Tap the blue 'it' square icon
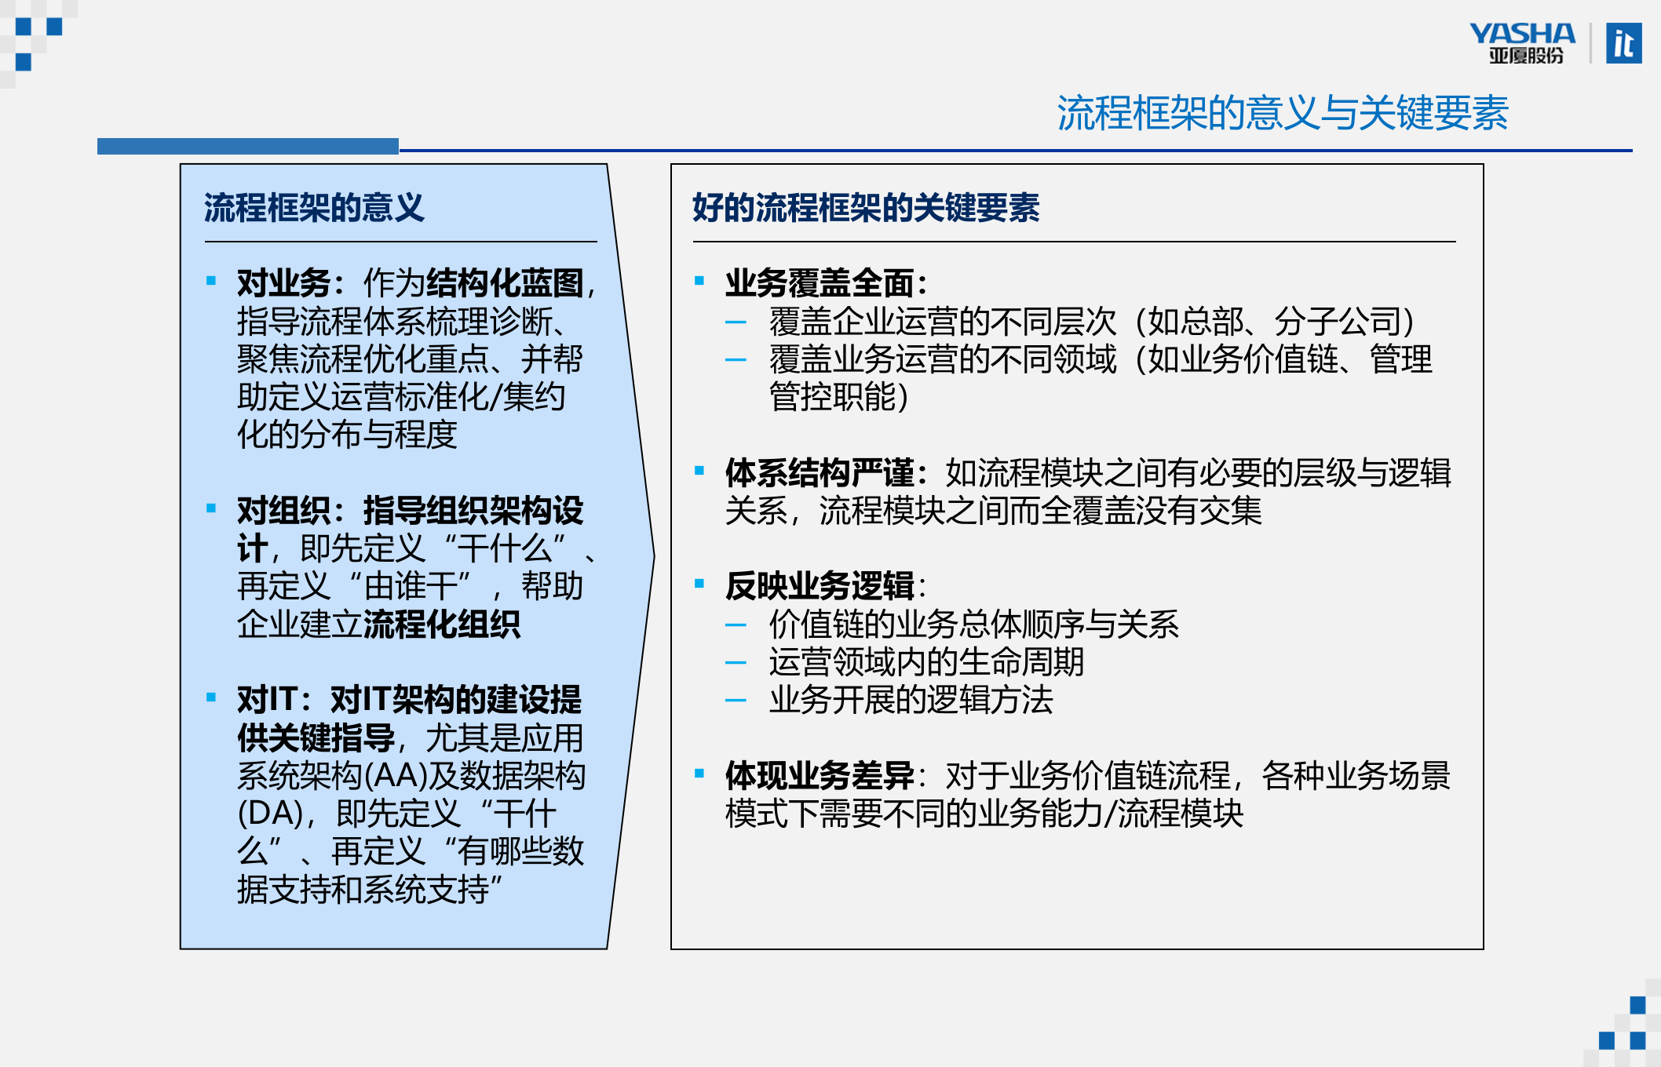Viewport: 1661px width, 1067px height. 1623,44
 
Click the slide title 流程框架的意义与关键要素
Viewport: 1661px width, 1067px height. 1282,113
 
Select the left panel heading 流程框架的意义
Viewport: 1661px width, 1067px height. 314,209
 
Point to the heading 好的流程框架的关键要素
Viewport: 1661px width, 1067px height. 866,209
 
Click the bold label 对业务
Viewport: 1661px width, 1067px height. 283,283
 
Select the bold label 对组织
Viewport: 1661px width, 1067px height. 283,511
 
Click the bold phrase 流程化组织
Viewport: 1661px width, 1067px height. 441,625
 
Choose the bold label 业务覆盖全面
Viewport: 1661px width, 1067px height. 820,283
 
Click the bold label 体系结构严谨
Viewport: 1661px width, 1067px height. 820,473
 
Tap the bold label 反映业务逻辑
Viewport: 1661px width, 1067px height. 820,586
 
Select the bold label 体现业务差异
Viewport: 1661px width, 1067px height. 820,776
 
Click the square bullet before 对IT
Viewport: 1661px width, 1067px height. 211,697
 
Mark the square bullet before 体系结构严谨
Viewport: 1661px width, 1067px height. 699,471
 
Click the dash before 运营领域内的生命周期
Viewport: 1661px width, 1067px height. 736,663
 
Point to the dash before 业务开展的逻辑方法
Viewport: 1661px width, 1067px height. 736,701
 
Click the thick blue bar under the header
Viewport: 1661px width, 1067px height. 248,147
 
